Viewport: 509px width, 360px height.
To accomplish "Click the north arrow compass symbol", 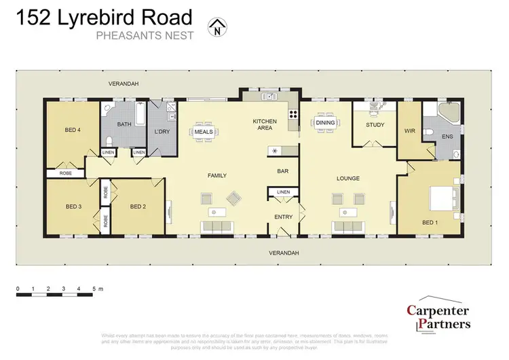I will (x=216, y=29).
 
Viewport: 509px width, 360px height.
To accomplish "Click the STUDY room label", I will (x=375, y=125).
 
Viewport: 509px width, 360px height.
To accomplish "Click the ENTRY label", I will (x=283, y=217).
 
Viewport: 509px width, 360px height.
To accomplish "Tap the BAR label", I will (x=284, y=172).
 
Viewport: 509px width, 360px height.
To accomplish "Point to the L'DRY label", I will (x=162, y=130).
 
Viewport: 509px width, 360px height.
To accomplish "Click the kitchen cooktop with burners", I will (x=293, y=114).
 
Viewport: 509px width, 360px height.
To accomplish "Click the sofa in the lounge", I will (x=348, y=227).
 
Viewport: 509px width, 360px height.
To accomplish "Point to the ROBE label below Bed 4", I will (x=66, y=173).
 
